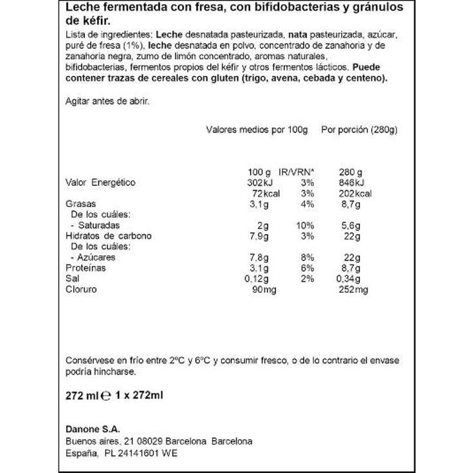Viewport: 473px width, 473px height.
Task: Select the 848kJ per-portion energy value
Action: (x=351, y=183)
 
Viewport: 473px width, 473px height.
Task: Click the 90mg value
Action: (x=264, y=290)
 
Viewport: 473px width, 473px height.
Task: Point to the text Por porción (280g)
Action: (x=359, y=129)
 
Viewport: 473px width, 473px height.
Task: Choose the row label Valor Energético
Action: (x=101, y=183)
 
